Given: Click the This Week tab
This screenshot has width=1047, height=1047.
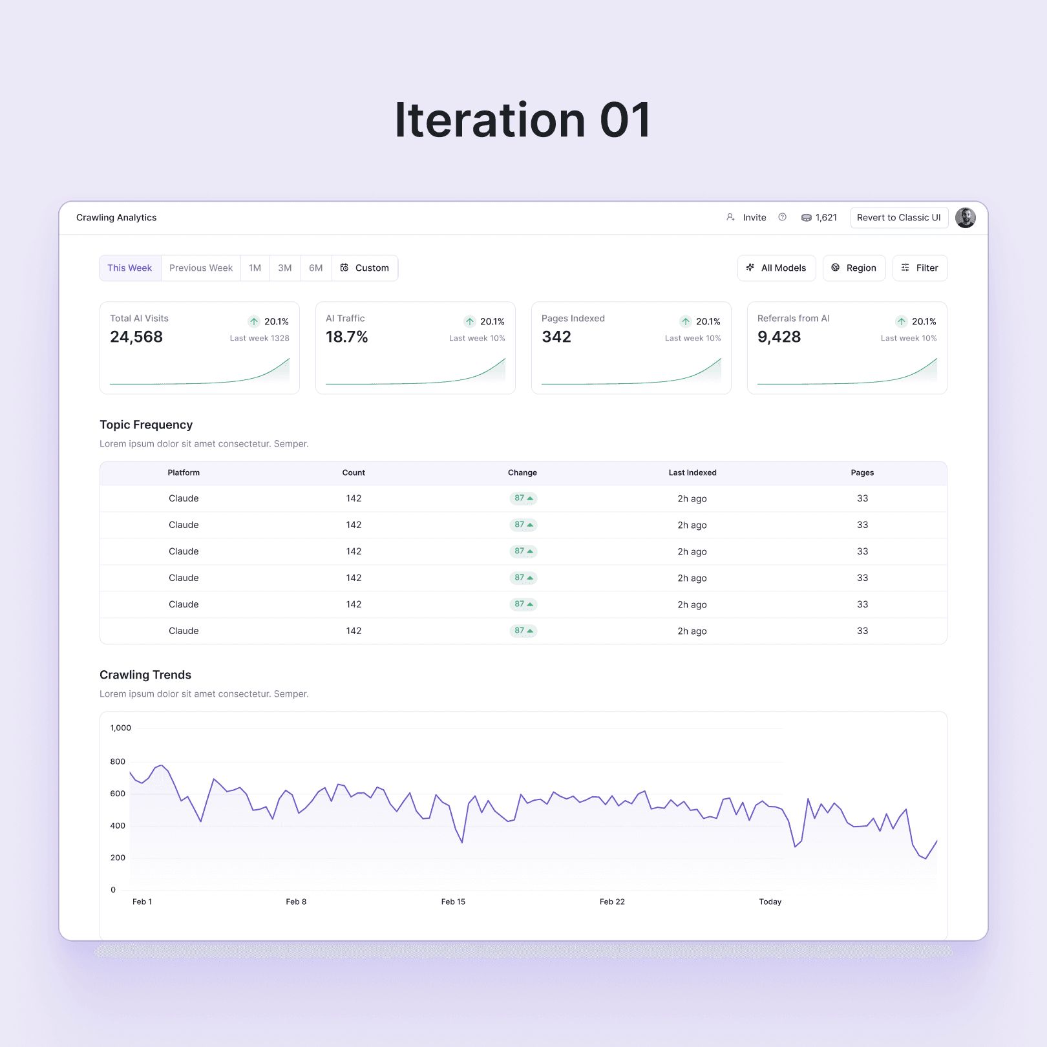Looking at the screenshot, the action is point(130,268).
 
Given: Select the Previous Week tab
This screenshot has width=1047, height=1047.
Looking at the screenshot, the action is point(201,268).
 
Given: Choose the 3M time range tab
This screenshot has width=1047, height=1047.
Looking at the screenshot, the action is point(285,268).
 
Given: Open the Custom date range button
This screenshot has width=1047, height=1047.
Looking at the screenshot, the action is point(365,268).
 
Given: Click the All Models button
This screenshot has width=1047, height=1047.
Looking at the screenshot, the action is point(777,268).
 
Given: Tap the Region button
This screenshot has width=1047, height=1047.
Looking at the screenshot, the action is point(854,268).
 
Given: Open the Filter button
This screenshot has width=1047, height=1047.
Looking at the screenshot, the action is point(920,268).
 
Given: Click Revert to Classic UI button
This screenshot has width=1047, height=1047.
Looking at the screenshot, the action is point(899,218).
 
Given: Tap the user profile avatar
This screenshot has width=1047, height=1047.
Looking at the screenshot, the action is point(966,218).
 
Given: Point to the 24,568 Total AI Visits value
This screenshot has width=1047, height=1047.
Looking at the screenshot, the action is point(136,337).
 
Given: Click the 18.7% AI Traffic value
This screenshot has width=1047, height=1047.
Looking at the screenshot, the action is point(347,337).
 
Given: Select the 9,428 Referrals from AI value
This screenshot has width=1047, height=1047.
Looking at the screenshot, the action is point(779,337).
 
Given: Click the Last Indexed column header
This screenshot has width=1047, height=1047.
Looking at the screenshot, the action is point(692,473).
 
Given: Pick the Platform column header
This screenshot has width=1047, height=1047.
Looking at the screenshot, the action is point(184,473).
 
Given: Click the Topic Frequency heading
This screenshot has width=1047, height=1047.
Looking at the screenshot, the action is point(146,425).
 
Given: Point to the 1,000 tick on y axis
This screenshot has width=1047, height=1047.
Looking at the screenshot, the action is point(121,728).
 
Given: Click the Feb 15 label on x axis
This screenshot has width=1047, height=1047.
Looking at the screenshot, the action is point(453,902).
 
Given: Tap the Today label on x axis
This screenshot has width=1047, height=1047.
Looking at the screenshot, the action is point(770,902).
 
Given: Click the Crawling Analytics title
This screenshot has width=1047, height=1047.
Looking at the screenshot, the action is point(116,218).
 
